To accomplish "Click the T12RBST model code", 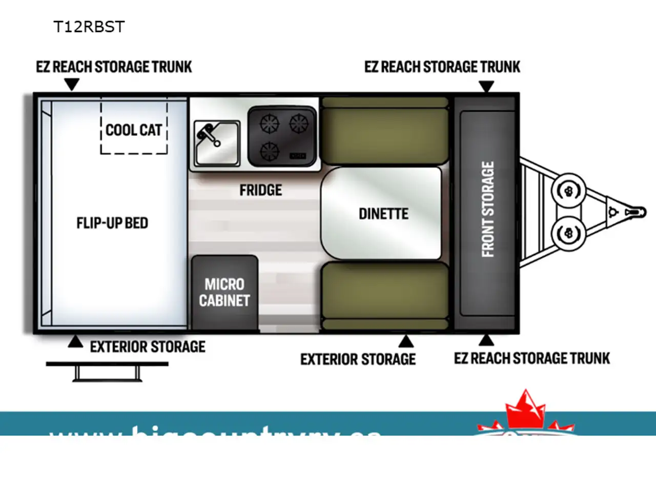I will tap(89, 27).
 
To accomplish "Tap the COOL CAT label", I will tap(134, 130).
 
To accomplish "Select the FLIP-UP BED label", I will tap(112, 223).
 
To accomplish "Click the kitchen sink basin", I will tap(217, 142).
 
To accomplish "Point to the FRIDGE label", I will tap(260, 190).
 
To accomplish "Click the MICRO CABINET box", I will tap(224, 292).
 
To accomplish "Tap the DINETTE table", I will tap(381, 213).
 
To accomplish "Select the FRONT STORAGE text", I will tap(488, 209).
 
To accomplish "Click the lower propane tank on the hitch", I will tap(568, 233).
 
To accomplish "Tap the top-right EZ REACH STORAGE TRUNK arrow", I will tap(486, 86).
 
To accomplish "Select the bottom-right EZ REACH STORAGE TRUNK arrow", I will tap(486, 340).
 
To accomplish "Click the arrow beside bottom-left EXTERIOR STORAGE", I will tap(75, 342).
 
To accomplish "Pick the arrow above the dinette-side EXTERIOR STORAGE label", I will tap(406, 341).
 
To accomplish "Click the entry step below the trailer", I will tap(107, 371).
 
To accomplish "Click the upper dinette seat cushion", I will tap(385, 131).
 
